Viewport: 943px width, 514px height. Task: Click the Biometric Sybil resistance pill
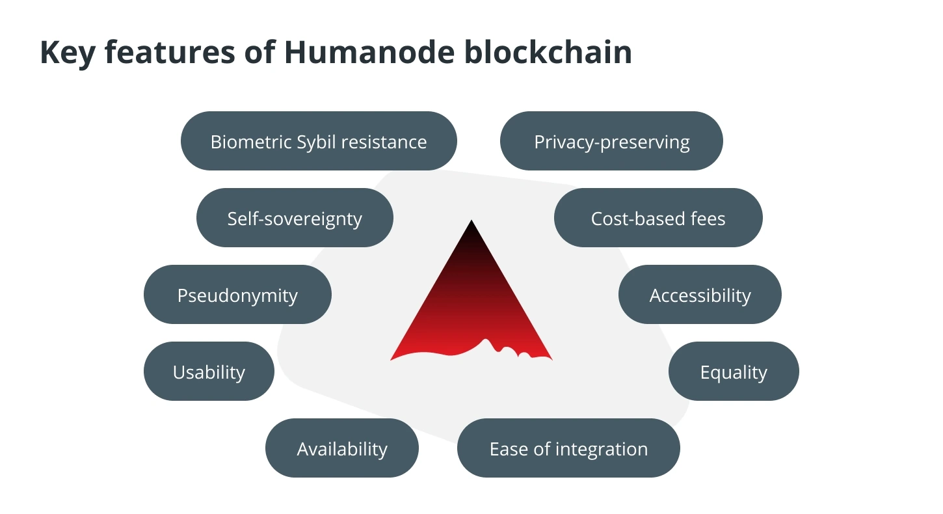(319, 141)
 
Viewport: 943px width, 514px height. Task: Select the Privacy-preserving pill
(611, 141)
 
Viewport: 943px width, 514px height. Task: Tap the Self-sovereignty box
(295, 217)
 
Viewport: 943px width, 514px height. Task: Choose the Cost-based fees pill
(658, 217)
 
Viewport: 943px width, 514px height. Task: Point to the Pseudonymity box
(237, 294)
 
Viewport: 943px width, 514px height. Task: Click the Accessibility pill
(700, 294)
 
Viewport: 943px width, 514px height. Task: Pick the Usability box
(209, 371)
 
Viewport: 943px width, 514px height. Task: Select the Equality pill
(734, 371)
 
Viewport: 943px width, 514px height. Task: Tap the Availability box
(342, 448)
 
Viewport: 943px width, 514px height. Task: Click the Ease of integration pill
(568, 448)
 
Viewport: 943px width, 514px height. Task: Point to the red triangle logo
(471, 295)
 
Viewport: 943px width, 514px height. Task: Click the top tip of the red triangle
(471, 220)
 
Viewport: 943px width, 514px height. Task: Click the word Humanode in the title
(369, 52)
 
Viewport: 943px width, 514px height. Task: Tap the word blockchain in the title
(548, 52)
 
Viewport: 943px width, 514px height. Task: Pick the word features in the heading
(170, 52)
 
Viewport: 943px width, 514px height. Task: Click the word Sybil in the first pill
(315, 142)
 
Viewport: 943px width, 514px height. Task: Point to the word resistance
(384, 142)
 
